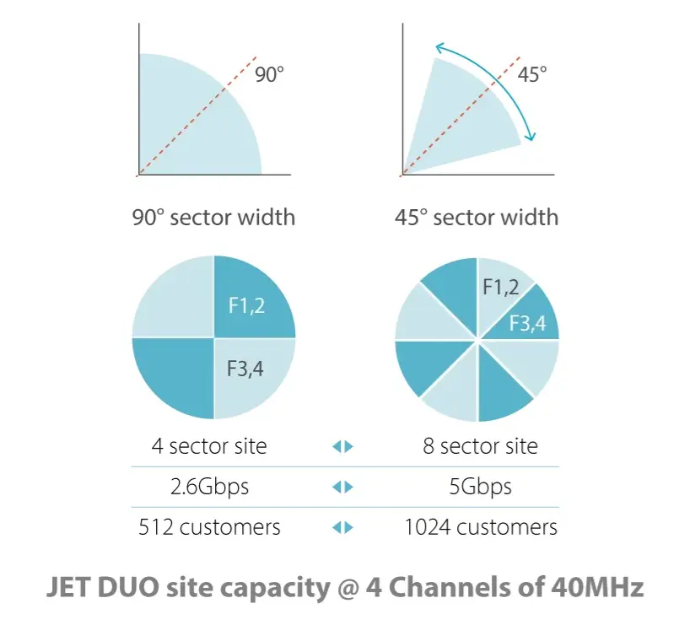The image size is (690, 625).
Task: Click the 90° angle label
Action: click(269, 74)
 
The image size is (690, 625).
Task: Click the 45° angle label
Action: click(531, 74)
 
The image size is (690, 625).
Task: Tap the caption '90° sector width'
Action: click(213, 217)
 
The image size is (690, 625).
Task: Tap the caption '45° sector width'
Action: click(477, 217)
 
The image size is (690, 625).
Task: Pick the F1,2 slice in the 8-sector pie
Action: click(501, 288)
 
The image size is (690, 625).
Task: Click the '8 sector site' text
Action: click(480, 445)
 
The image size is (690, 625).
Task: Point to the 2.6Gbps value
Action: click(209, 487)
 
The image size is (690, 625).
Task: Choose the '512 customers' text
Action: click(209, 527)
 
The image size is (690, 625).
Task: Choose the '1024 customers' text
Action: click(480, 527)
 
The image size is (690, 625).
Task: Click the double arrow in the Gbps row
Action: click(342, 488)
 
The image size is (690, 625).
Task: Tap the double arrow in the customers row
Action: click(342, 528)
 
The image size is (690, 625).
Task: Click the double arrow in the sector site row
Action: click(342, 446)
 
